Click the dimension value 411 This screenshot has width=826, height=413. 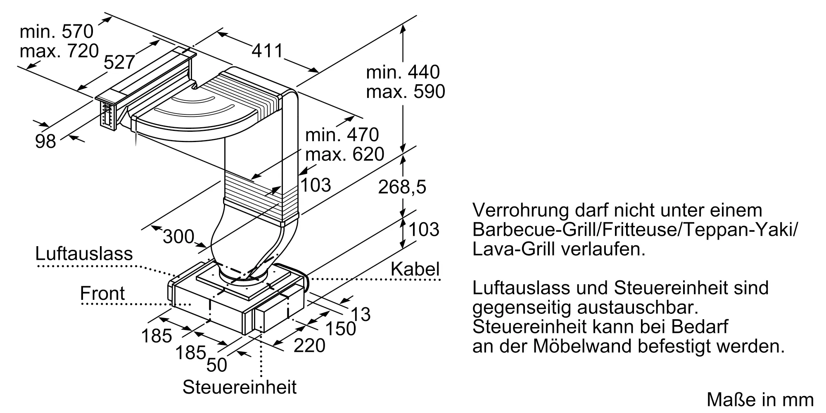(267, 51)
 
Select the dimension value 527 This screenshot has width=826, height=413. (119, 62)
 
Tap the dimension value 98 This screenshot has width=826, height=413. (45, 141)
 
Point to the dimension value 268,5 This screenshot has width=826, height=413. (402, 187)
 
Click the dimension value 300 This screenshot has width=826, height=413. (178, 237)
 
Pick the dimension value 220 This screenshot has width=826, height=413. (309, 345)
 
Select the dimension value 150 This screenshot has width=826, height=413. (341, 329)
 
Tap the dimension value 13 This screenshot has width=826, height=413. (361, 314)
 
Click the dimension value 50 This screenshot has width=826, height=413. (216, 365)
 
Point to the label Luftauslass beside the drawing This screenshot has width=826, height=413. (84, 254)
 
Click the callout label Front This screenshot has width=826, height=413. (102, 293)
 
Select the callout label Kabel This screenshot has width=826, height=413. (415, 269)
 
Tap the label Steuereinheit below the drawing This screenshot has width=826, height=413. (240, 387)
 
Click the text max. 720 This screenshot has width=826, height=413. (59, 51)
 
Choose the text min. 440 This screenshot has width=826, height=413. (403, 72)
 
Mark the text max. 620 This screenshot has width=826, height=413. (344, 154)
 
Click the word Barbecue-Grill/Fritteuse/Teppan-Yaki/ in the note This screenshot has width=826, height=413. (635, 230)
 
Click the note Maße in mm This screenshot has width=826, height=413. (760, 399)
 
